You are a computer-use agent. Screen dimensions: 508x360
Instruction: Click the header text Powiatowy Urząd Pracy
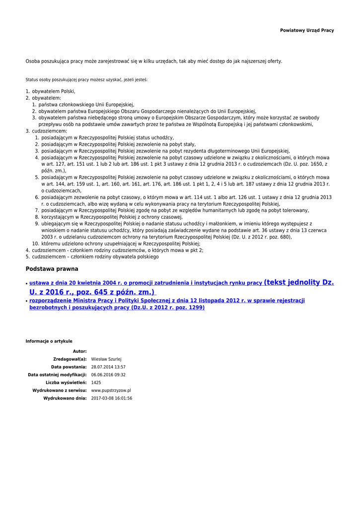(x=307, y=30)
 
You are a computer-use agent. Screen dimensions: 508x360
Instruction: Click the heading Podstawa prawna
(x=52, y=269)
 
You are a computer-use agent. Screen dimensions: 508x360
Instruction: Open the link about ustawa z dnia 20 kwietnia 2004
(x=145, y=283)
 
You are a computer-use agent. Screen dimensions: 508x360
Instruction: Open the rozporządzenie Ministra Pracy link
(x=167, y=301)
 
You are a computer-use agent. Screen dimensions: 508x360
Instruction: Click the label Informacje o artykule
(x=49, y=341)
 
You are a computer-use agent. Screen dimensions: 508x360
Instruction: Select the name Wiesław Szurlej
(x=106, y=359)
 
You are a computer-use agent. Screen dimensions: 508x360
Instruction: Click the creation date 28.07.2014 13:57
(x=108, y=367)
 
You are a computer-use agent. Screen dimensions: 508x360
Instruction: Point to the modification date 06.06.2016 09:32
(x=108, y=375)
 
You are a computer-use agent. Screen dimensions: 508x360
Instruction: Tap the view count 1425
(x=96, y=382)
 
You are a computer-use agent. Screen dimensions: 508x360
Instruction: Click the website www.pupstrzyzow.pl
(x=111, y=390)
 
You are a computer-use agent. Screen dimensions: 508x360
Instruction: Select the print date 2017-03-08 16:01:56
(x=112, y=398)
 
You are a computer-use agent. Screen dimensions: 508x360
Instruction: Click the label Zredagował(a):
(x=70, y=359)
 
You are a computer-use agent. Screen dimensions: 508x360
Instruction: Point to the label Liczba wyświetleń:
(x=66, y=382)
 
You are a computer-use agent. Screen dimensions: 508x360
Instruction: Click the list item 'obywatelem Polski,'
(x=54, y=92)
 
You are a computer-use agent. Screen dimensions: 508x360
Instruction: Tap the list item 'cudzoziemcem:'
(x=50, y=131)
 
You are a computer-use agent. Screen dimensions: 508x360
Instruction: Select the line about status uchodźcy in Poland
(x=107, y=137)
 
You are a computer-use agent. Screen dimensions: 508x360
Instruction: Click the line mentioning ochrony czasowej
(x=112, y=217)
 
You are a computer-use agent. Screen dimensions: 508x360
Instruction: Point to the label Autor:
(x=79, y=351)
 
